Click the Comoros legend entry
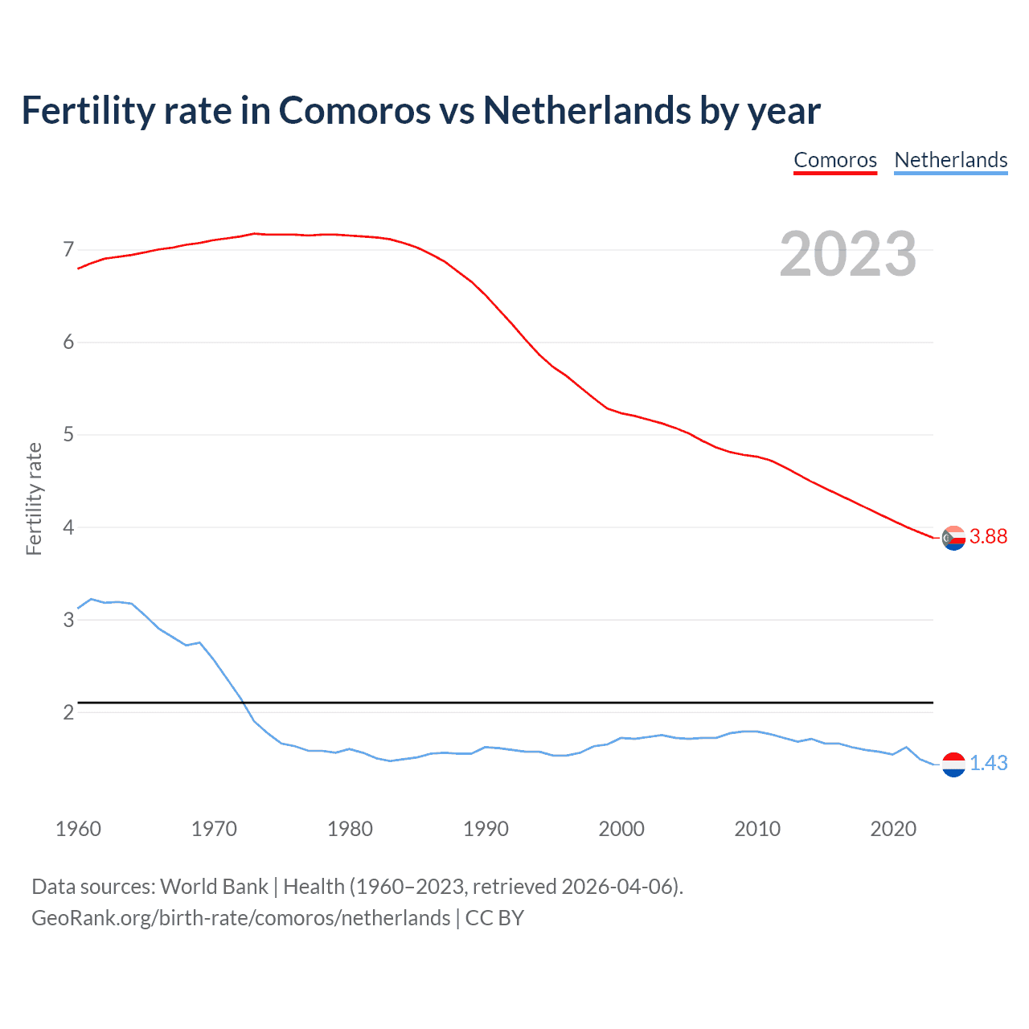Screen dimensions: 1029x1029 [x=835, y=160]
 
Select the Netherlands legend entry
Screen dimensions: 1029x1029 [x=950, y=160]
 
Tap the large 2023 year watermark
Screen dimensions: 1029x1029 [x=847, y=254]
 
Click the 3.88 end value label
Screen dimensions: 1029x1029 [x=988, y=537]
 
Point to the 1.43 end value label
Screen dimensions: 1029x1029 [x=988, y=764]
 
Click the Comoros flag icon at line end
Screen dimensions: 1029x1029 [x=953, y=538]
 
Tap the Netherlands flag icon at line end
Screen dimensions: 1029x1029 [x=953, y=765]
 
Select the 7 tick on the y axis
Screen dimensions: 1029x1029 [x=68, y=250]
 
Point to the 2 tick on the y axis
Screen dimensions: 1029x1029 [x=68, y=713]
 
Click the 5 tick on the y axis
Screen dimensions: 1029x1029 [x=68, y=435]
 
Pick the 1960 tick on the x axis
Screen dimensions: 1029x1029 [x=78, y=829]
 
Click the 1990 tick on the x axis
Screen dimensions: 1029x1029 [x=486, y=829]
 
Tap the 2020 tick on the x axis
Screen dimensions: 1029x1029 [x=893, y=829]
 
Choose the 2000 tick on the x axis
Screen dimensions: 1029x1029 [x=621, y=829]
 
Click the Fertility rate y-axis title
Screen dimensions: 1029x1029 [x=34, y=498]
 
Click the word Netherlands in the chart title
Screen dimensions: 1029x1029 [x=586, y=110]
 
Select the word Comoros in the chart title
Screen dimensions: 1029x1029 [x=355, y=110]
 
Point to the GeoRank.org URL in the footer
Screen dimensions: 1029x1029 [x=240, y=918]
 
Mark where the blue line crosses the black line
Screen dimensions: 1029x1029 [x=243, y=703]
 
